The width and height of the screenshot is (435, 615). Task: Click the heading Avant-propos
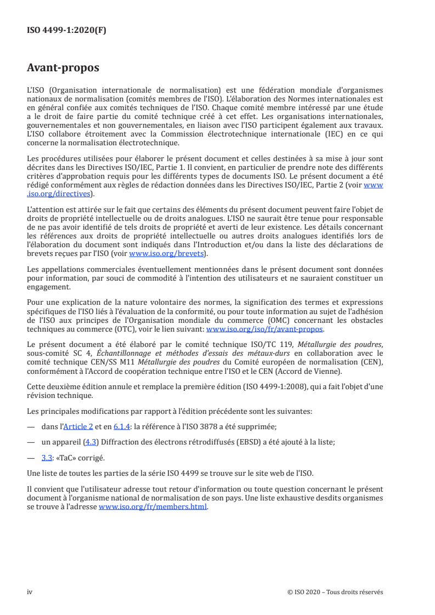click(63, 69)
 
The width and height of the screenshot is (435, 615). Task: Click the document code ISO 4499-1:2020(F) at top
click(66, 30)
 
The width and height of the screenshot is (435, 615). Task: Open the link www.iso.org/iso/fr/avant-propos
click(264, 329)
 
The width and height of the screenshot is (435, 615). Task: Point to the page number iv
click(30, 591)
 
